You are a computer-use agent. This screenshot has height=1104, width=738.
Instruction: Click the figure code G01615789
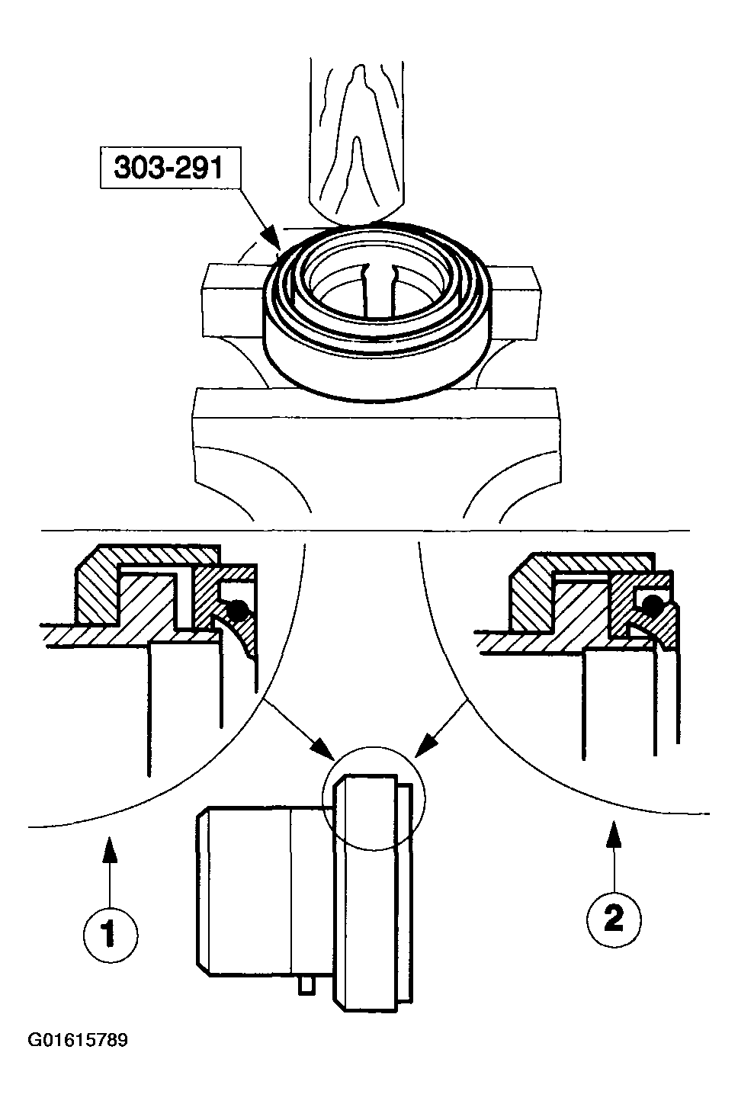(x=78, y=1040)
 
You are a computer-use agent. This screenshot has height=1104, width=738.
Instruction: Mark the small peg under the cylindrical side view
(x=306, y=985)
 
